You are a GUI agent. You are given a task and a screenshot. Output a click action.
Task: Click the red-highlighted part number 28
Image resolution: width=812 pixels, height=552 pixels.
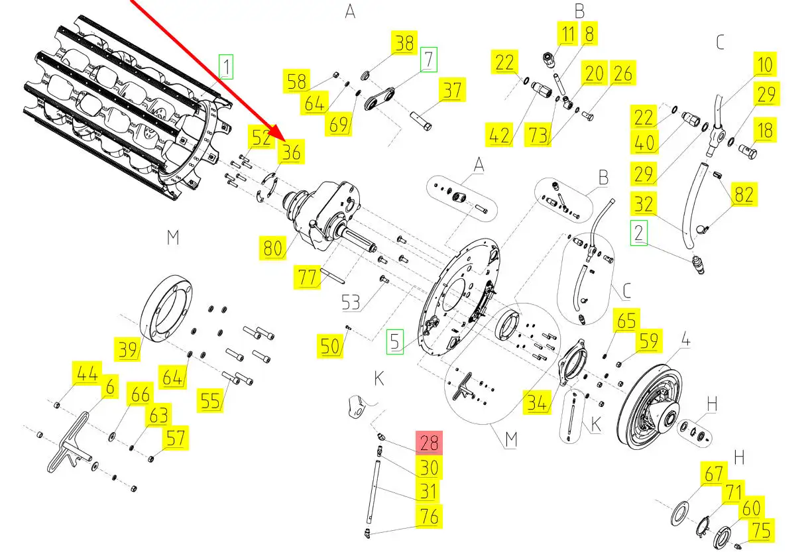[428, 442]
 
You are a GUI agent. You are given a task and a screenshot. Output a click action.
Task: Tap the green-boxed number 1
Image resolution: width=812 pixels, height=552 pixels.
[227, 67]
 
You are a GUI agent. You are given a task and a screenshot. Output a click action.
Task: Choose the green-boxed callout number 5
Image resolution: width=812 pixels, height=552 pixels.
[395, 343]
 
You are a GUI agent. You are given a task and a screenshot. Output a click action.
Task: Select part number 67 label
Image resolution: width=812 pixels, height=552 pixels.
[713, 474]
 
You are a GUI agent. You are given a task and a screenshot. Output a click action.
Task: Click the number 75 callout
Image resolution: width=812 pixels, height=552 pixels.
[762, 531]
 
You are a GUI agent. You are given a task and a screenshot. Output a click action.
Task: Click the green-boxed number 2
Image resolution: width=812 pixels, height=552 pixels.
[638, 233]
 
